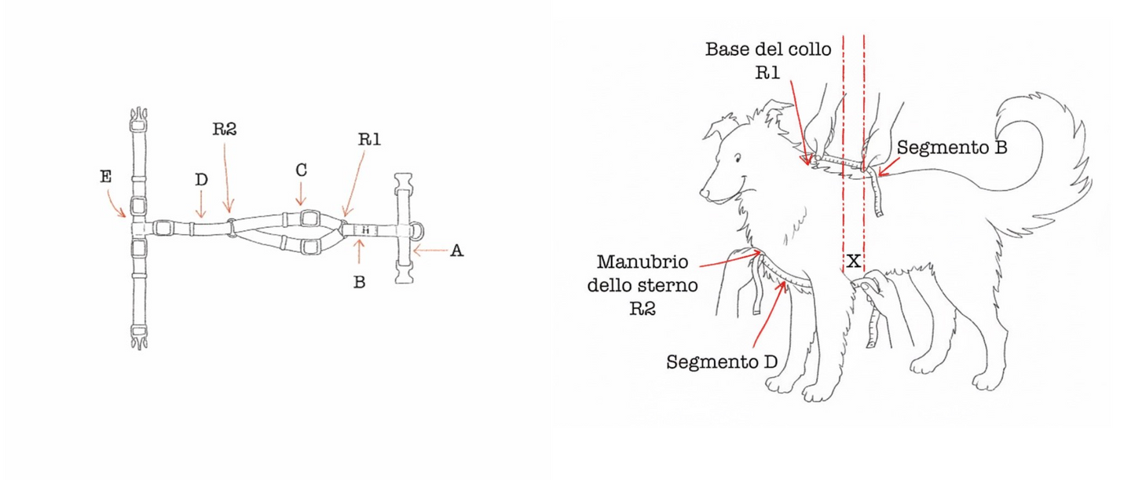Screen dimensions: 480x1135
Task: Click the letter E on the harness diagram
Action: (x=106, y=178)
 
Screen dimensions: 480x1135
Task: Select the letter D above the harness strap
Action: (x=201, y=181)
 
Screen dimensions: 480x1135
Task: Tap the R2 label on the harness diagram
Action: (x=225, y=130)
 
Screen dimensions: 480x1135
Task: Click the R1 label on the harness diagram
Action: (x=369, y=140)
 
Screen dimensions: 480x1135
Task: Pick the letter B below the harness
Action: (x=359, y=282)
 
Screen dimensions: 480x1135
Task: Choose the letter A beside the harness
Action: (x=456, y=251)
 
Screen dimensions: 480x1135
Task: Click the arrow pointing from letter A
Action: (x=428, y=251)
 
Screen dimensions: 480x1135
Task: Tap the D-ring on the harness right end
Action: (x=419, y=230)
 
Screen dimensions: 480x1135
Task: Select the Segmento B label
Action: (x=951, y=147)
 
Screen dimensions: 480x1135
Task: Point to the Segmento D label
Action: (x=722, y=362)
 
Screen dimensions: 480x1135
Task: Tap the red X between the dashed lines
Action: (x=854, y=261)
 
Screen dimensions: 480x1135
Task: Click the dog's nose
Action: (x=705, y=192)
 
